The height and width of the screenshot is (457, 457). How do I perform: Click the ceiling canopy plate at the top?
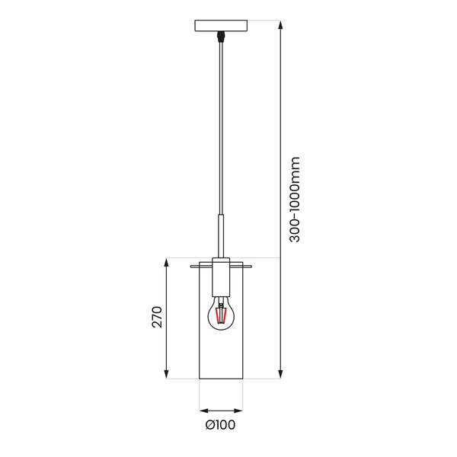[222, 25]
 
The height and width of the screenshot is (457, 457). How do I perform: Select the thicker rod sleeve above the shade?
[222, 236]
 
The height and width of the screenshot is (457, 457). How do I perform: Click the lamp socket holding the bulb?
[222, 278]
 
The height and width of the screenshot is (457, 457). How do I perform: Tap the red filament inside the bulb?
[222, 315]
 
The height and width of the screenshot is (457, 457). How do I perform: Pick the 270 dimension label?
[156, 318]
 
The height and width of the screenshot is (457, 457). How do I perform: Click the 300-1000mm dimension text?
[296, 200]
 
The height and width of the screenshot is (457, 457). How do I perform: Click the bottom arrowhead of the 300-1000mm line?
[281, 374]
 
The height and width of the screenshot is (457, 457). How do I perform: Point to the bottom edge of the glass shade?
[222, 379]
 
